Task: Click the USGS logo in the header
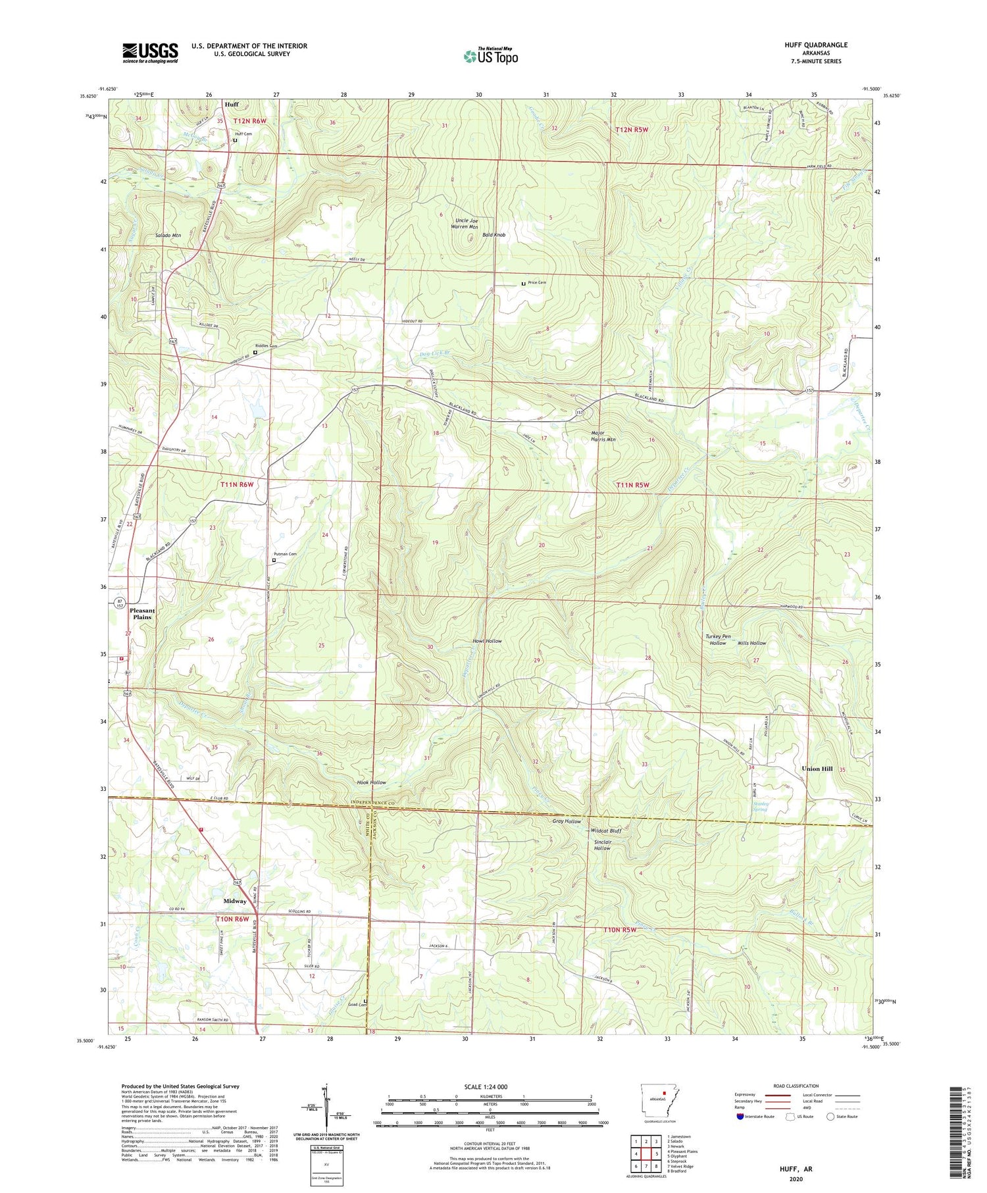[x=150, y=53]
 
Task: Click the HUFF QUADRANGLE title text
[x=815, y=45]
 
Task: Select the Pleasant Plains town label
[x=142, y=613]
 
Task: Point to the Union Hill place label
[x=817, y=769]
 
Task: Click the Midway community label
[x=235, y=901]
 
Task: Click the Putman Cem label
[x=284, y=554]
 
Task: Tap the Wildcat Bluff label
[x=605, y=830]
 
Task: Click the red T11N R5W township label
[x=632, y=485]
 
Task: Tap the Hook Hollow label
[x=371, y=782]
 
